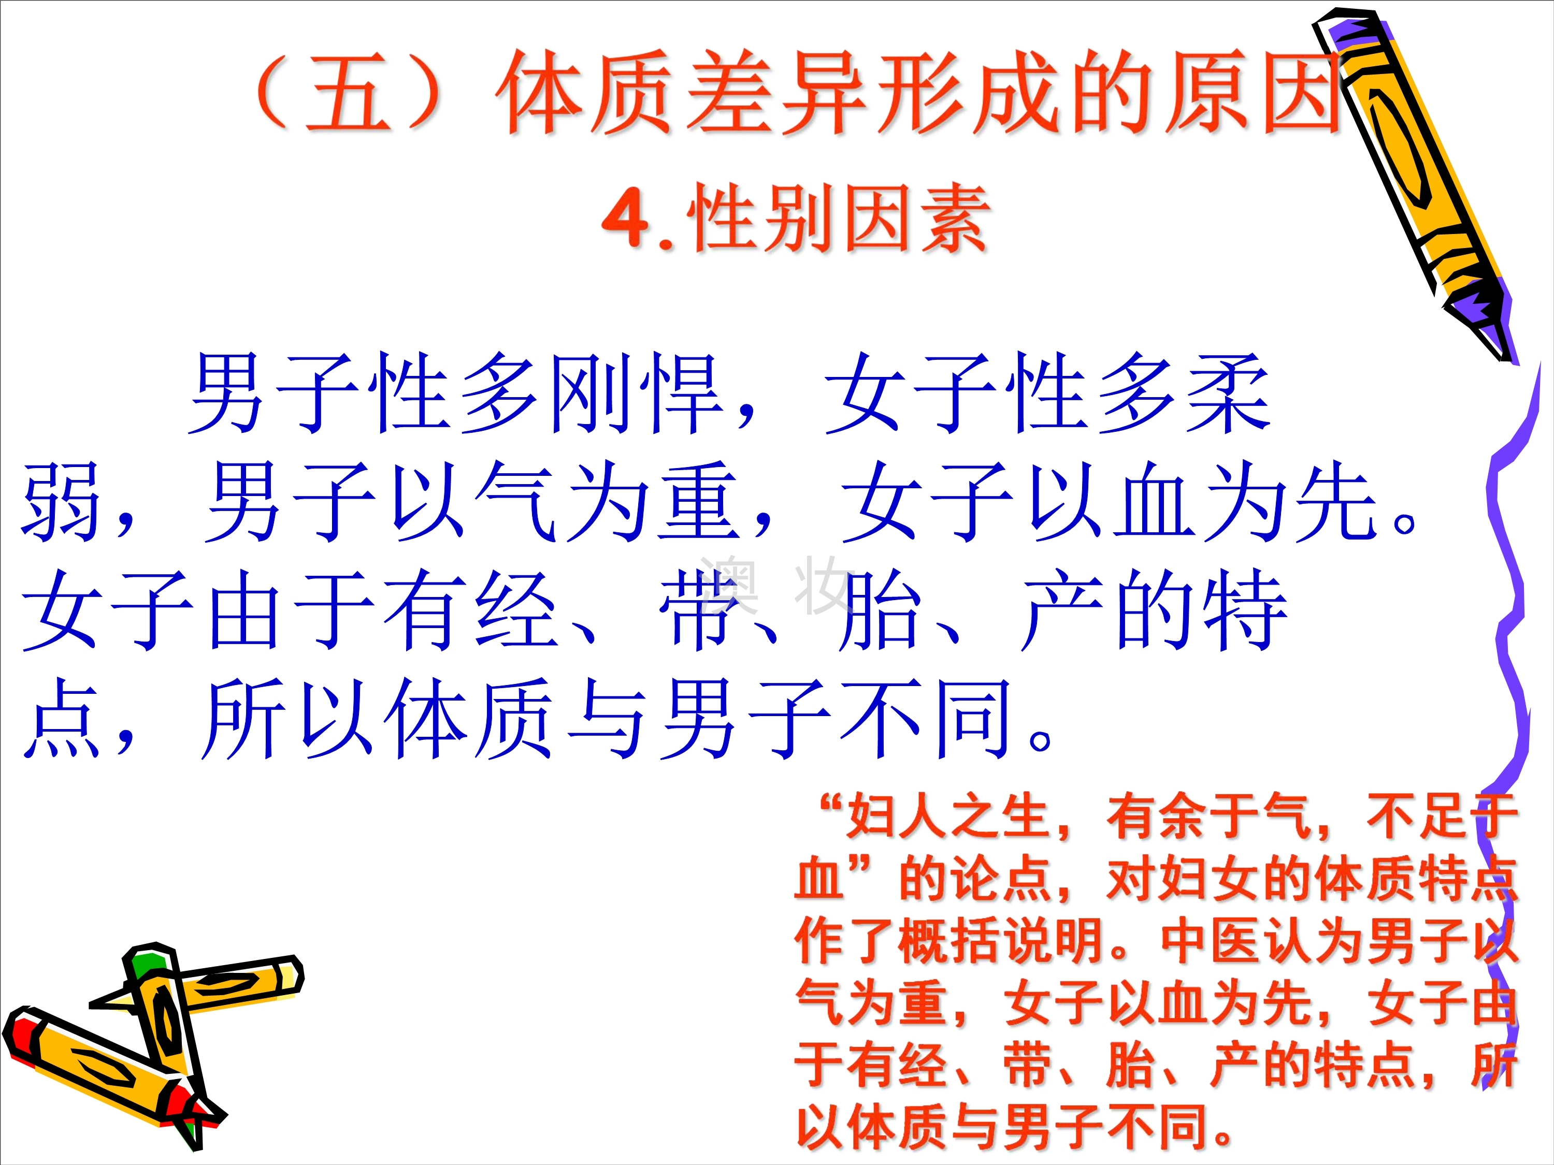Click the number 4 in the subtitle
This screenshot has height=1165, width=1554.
click(625, 217)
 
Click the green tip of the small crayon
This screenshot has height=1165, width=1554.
click(146, 964)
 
